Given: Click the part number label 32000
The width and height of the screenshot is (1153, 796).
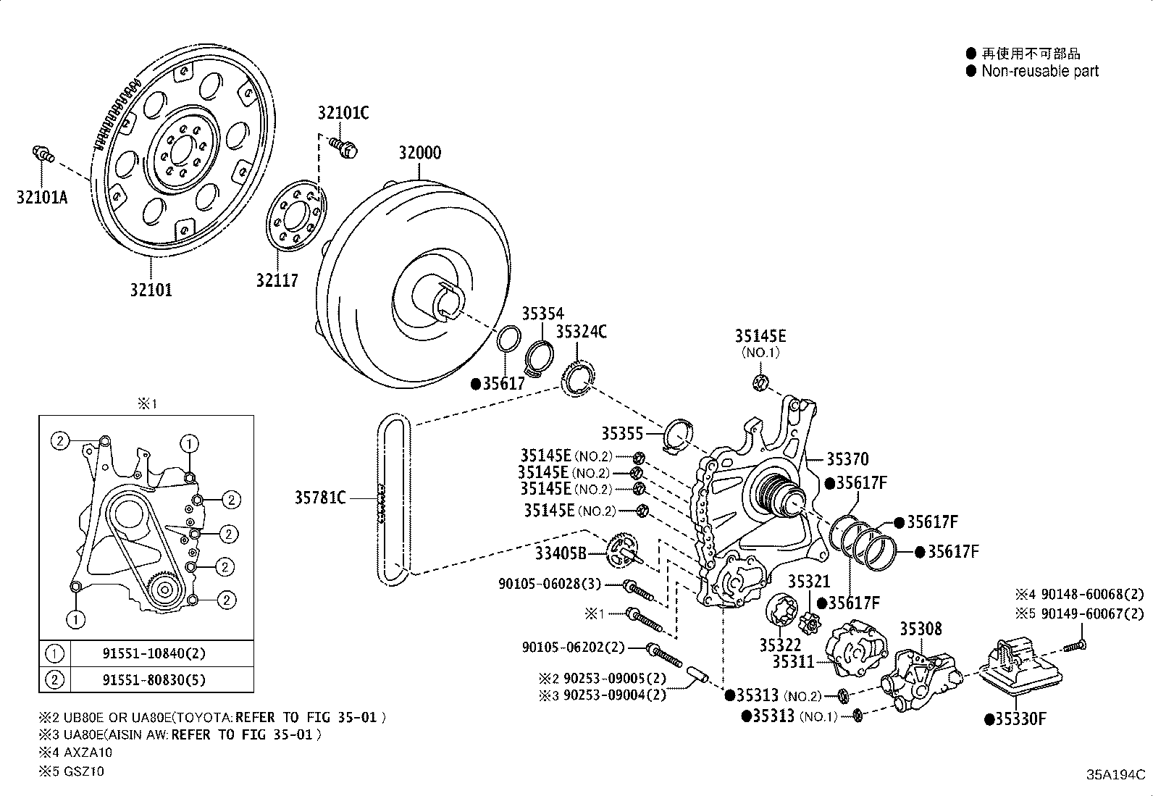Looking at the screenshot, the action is click(420, 153).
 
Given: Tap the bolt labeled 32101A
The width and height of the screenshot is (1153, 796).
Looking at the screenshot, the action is click(43, 154).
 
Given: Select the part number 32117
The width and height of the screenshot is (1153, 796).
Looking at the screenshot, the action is click(277, 280).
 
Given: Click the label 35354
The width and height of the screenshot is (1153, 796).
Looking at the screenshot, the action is click(542, 314).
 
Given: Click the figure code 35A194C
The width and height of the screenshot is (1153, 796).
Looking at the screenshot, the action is click(1115, 774).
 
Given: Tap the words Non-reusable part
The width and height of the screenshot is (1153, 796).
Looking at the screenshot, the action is click(1040, 71).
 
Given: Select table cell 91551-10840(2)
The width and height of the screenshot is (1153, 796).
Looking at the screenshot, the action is click(154, 653).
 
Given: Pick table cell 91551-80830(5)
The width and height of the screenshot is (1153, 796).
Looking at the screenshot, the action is click(154, 680).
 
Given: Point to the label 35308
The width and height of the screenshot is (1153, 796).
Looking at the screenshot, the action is click(921, 629).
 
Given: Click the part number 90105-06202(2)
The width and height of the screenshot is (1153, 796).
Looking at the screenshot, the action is click(574, 648).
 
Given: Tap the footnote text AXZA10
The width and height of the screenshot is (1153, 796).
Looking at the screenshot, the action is click(88, 753).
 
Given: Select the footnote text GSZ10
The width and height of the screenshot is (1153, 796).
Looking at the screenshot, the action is click(84, 771).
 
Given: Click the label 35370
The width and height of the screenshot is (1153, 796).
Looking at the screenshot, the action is click(848, 458).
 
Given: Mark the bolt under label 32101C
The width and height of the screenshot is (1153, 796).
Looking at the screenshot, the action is click(343, 148).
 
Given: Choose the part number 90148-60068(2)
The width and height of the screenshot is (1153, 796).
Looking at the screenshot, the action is click(1092, 594).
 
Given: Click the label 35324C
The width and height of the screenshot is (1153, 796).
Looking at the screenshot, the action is click(581, 332).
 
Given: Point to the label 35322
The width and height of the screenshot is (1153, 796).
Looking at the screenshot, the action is click(780, 645).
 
